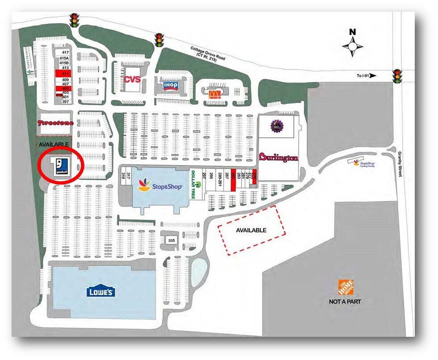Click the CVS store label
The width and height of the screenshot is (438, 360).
pos(132,80)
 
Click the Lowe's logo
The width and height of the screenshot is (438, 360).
pos(101,292)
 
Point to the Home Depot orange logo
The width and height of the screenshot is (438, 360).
pos(346,287)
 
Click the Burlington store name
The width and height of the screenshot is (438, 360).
pos(278,157)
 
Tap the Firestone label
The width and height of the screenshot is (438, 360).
pos(56,123)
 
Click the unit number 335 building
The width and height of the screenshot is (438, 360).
pos(171,240)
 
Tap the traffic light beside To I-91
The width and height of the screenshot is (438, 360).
pos(396,77)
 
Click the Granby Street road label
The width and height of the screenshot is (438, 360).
pos(400,164)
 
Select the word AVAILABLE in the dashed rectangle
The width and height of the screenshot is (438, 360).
pos(251,230)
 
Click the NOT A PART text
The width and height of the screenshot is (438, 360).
pos(345,302)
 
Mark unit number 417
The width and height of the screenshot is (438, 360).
pos(66,53)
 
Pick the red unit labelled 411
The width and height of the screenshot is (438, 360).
pos(65,73)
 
